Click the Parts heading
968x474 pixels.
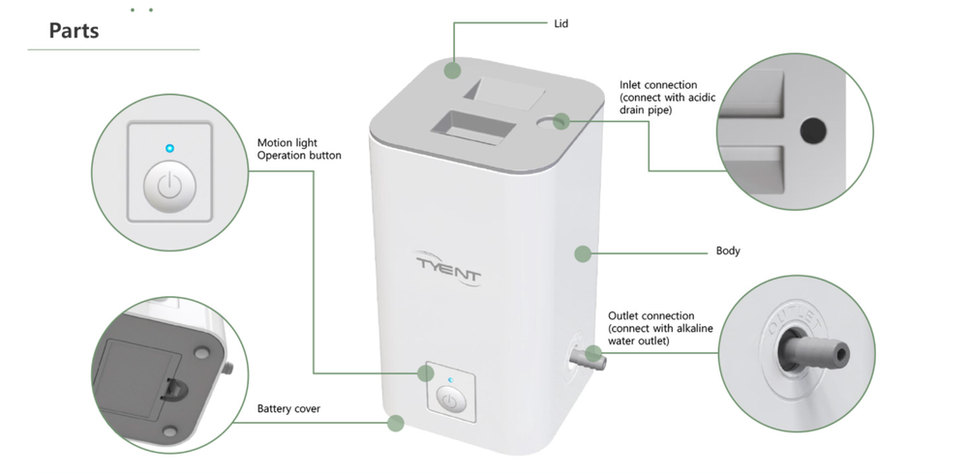click(x=75, y=31)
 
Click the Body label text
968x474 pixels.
click(x=728, y=252)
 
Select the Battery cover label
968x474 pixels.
click(x=288, y=409)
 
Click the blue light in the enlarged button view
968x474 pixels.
click(x=169, y=148)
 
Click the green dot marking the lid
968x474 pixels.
click(x=452, y=70)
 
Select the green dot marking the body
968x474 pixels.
click(x=582, y=254)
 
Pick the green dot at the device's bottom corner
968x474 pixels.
click(x=395, y=423)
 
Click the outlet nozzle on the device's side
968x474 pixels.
click(x=589, y=360)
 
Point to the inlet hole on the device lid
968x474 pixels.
click(x=560, y=121)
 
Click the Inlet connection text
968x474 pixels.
click(x=658, y=85)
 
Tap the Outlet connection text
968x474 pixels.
click(x=650, y=315)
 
